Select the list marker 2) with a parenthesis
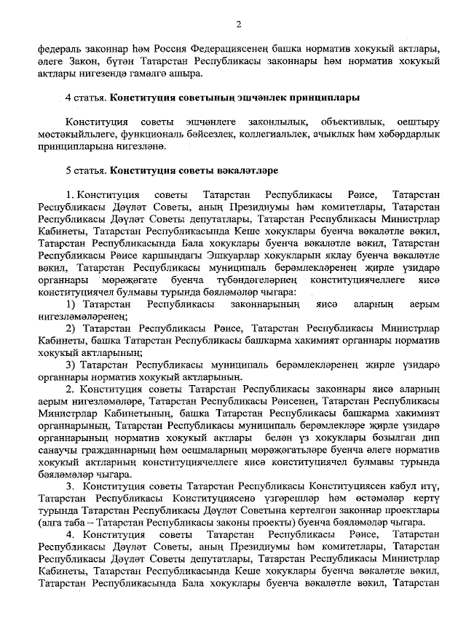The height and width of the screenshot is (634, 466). click(x=72, y=328)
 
